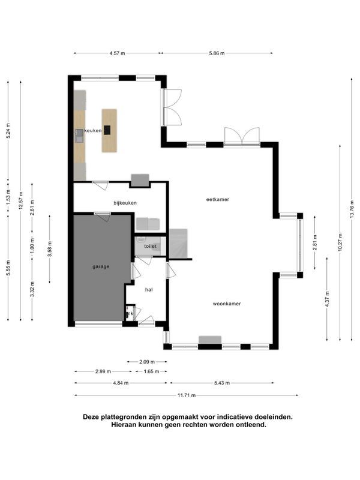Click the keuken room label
(x=93, y=130)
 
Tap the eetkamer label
(x=218, y=199)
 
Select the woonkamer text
(x=227, y=304)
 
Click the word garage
(x=101, y=266)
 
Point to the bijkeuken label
(x=125, y=203)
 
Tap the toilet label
(x=151, y=246)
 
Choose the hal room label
(x=149, y=290)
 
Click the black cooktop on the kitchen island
(x=107, y=130)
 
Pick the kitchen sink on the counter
(x=79, y=136)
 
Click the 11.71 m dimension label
(x=187, y=395)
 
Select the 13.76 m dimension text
(x=352, y=209)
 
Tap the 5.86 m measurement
(x=217, y=53)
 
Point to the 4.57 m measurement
(x=117, y=53)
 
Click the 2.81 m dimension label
(x=315, y=242)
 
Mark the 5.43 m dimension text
(x=222, y=383)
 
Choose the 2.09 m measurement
(x=147, y=362)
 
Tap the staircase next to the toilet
(x=178, y=244)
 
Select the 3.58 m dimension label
(x=50, y=249)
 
